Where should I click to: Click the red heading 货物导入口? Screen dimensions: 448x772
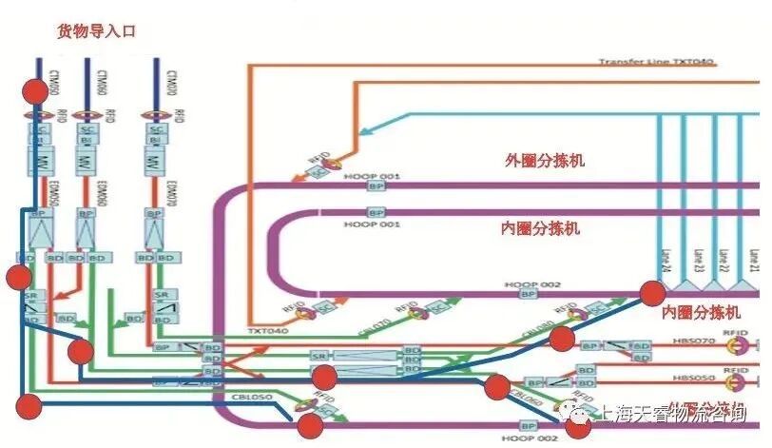coord(97,31)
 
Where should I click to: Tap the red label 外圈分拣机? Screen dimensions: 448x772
coord(545,161)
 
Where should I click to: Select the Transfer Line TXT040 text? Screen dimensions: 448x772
coord(656,62)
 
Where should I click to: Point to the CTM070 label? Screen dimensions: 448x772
coord(170,81)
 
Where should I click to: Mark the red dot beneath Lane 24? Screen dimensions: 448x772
coord(652,294)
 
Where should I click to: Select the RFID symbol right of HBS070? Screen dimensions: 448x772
coord(734,342)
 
